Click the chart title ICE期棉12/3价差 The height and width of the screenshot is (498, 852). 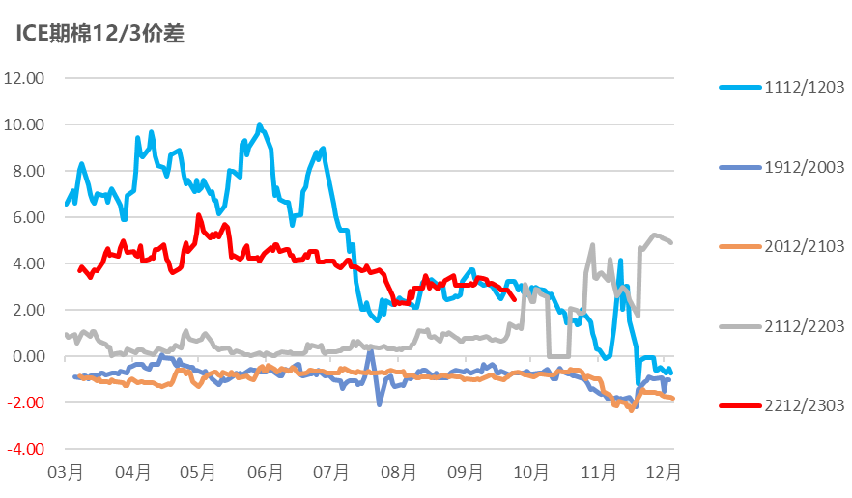click(99, 34)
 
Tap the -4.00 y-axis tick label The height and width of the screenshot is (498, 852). click(26, 449)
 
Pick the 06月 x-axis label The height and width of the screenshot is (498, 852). click(266, 473)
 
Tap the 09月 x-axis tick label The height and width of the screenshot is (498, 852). click(466, 473)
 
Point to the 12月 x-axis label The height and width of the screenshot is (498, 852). click(666, 473)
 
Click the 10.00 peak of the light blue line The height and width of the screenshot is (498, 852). click(260, 124)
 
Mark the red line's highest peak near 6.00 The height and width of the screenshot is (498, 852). click(198, 215)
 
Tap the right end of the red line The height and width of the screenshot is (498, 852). click(515, 299)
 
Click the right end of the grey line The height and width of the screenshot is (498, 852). click(671, 242)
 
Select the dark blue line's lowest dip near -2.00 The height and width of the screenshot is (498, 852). click(379, 403)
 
